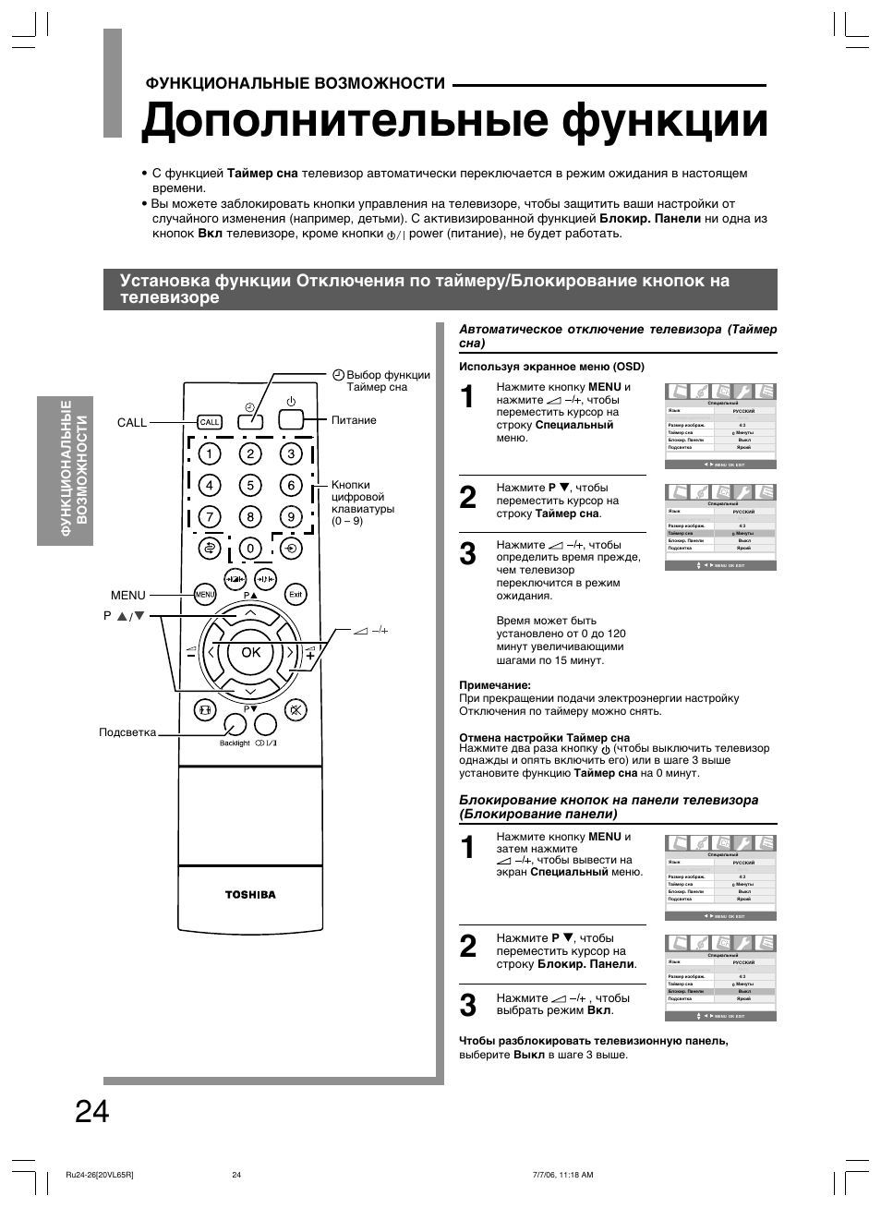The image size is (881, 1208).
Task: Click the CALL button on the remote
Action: pos(210,422)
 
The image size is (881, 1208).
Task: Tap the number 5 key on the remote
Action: pos(249,485)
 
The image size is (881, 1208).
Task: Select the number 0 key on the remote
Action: pos(249,549)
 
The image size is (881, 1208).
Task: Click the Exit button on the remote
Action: pos(295,594)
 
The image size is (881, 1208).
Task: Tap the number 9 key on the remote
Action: pos(291,517)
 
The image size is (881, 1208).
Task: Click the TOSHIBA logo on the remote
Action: pos(250,894)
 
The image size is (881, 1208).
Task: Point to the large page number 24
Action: pos(92,1112)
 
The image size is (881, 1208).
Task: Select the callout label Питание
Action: pos(354,420)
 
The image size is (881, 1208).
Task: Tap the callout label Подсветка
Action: pos(127,732)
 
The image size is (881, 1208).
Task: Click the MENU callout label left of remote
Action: pos(128,595)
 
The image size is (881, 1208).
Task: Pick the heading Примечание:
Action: pos(495,685)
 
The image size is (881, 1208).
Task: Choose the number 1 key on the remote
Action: pos(210,453)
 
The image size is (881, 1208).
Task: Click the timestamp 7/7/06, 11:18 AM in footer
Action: pos(562,1175)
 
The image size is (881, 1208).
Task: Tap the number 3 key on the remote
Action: pos(291,453)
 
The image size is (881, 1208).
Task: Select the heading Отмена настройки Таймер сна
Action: pos(544,737)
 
